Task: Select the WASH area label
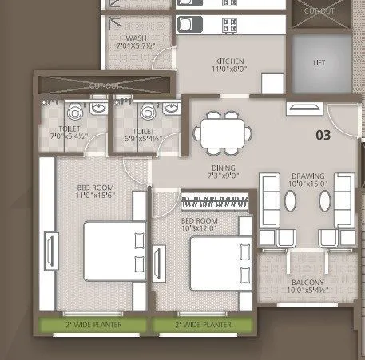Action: coord(137,38)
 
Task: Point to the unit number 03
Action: coord(323,135)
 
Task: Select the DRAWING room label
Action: coord(307,176)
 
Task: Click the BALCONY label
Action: coord(307,283)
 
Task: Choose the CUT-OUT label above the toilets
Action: coord(105,85)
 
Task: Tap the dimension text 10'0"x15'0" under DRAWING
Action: coord(307,184)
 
